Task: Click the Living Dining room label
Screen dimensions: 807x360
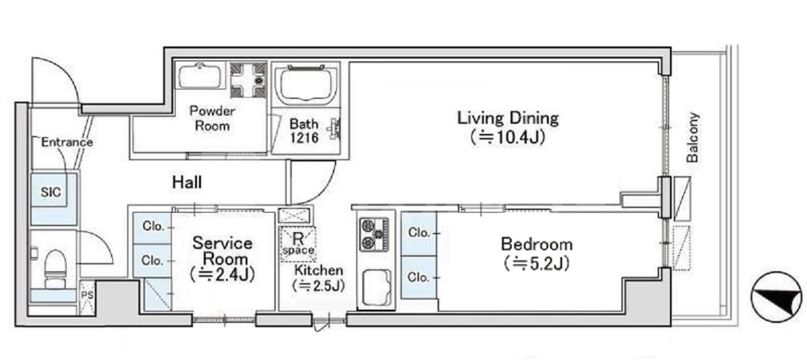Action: coord(508,128)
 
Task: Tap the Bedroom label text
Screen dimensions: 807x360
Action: coord(537,254)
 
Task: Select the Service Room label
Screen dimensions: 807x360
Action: coord(223,258)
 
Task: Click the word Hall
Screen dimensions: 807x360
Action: coord(187,182)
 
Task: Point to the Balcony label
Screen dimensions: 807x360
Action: coord(693,137)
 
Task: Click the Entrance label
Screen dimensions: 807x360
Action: coord(67,142)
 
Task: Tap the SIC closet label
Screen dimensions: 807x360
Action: coord(51,192)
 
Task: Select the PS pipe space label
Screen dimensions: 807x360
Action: coord(87,295)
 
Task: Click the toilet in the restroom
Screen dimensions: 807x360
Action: coord(55,269)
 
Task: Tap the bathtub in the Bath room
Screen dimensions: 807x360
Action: coord(306,84)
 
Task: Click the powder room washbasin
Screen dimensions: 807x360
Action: coord(200,76)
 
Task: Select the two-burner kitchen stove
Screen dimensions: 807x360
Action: coord(375,234)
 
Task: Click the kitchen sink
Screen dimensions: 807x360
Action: coord(377,287)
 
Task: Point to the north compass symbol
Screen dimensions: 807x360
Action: coord(777,297)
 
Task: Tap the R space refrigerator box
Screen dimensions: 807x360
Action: coord(298,244)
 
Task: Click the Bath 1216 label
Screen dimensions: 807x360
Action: coord(304,131)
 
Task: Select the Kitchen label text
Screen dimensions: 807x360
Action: coord(319,278)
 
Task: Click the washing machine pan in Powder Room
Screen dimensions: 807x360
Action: coord(248,80)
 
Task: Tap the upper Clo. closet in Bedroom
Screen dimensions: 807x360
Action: coord(419,233)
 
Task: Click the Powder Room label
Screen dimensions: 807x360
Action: coord(213,118)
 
